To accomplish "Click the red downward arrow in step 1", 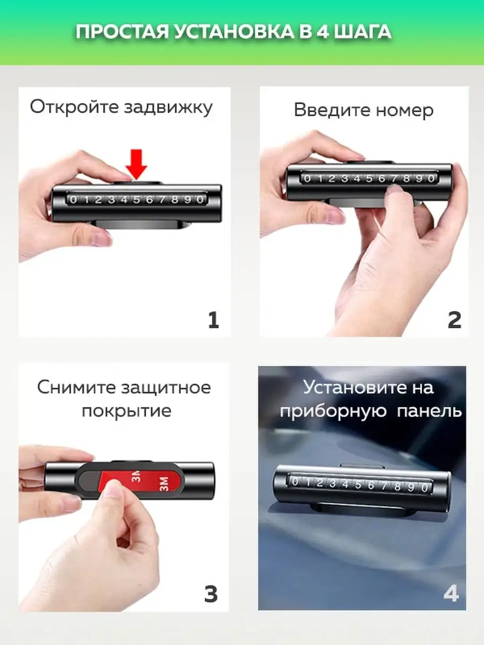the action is tap(137, 164).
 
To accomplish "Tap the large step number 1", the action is tap(213, 320).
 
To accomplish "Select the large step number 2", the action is tap(454, 320).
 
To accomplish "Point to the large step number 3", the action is tap(211, 594).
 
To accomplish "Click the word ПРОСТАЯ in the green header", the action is tap(122, 32).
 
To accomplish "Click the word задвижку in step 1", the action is tap(168, 107).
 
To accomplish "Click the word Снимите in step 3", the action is tap(77, 388).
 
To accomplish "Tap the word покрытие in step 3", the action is tap(126, 411).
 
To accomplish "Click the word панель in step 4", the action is tap(429, 411).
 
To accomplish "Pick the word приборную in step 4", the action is tap(333, 411).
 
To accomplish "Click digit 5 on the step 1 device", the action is tap(137, 200).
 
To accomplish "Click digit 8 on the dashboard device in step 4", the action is tap(397, 486).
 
